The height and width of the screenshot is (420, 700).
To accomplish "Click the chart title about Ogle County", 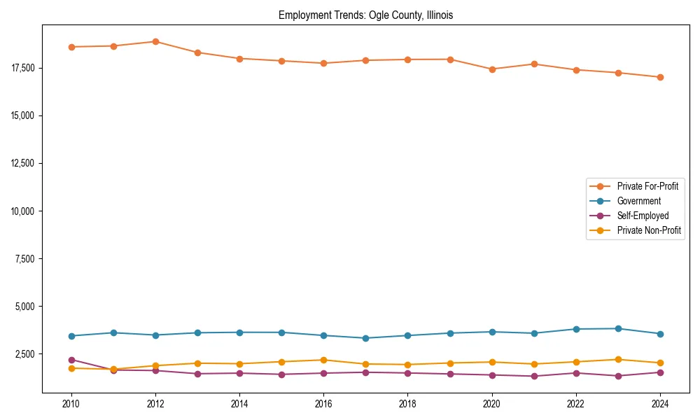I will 365,15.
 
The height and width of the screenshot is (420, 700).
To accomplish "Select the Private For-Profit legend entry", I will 647,186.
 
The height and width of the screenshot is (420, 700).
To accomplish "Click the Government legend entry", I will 638,201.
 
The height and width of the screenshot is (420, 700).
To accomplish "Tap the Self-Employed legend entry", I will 643,216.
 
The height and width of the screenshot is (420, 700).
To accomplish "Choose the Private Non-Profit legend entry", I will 649,230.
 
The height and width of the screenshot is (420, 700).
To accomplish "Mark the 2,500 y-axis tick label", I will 25,354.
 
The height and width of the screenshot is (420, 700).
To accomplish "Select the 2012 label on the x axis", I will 155,404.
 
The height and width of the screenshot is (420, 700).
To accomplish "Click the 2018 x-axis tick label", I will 407,404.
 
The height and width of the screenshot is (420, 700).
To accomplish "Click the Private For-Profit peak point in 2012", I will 155,41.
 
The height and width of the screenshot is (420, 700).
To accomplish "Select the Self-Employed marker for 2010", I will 71,360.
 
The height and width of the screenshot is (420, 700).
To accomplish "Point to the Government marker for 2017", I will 365,338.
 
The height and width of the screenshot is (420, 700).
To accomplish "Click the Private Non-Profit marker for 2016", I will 323,360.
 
